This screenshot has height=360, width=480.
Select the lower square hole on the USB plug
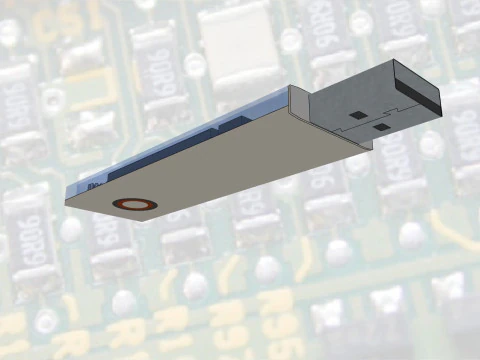click(382, 127)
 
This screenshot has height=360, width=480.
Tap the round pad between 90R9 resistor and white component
click(195, 65)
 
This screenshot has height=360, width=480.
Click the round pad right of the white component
click(291, 40)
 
